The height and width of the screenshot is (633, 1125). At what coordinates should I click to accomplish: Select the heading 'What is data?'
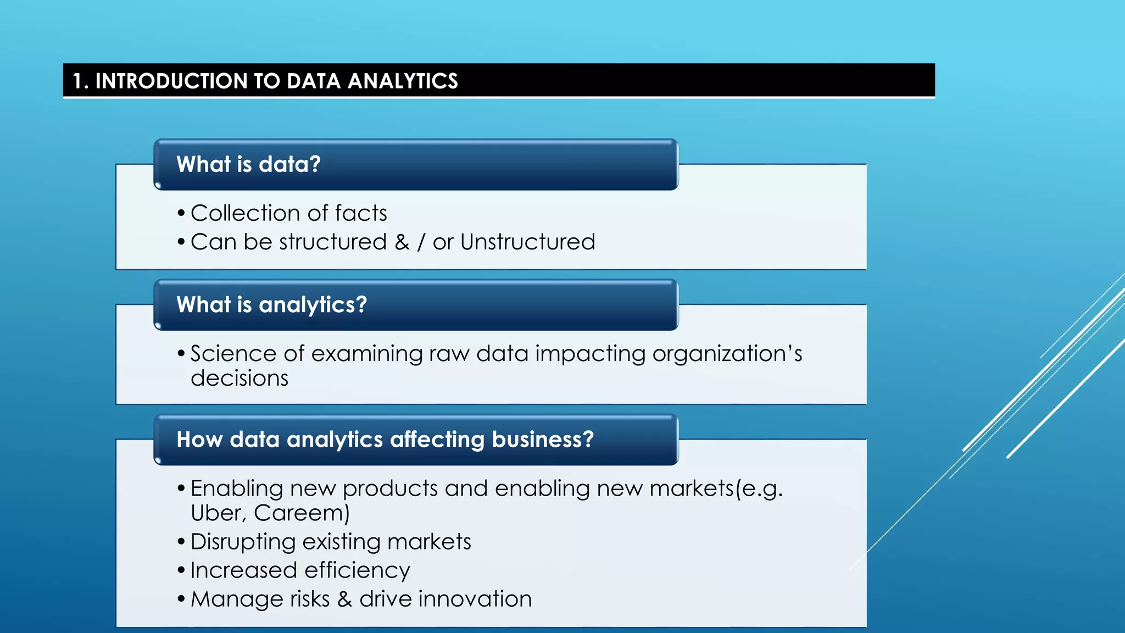[248, 164]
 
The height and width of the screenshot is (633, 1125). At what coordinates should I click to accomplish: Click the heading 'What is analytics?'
[271, 304]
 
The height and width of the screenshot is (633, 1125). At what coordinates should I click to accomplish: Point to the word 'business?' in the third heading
[543, 439]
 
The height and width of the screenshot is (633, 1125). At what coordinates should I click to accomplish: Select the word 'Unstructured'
[527, 242]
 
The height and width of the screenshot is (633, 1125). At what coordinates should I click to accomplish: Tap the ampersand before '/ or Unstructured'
[402, 242]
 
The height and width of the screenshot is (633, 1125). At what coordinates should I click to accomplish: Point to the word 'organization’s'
[727, 353]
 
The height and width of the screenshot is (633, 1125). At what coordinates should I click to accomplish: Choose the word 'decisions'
[240, 378]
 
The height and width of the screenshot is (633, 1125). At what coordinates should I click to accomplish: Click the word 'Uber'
[216, 513]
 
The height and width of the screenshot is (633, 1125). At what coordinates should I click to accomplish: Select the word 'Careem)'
[302, 513]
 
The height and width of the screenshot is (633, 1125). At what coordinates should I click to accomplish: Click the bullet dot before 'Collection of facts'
[181, 213]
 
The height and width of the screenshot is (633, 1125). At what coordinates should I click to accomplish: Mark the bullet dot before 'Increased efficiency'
[181, 570]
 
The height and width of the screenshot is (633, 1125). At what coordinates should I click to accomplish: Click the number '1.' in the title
[80, 81]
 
